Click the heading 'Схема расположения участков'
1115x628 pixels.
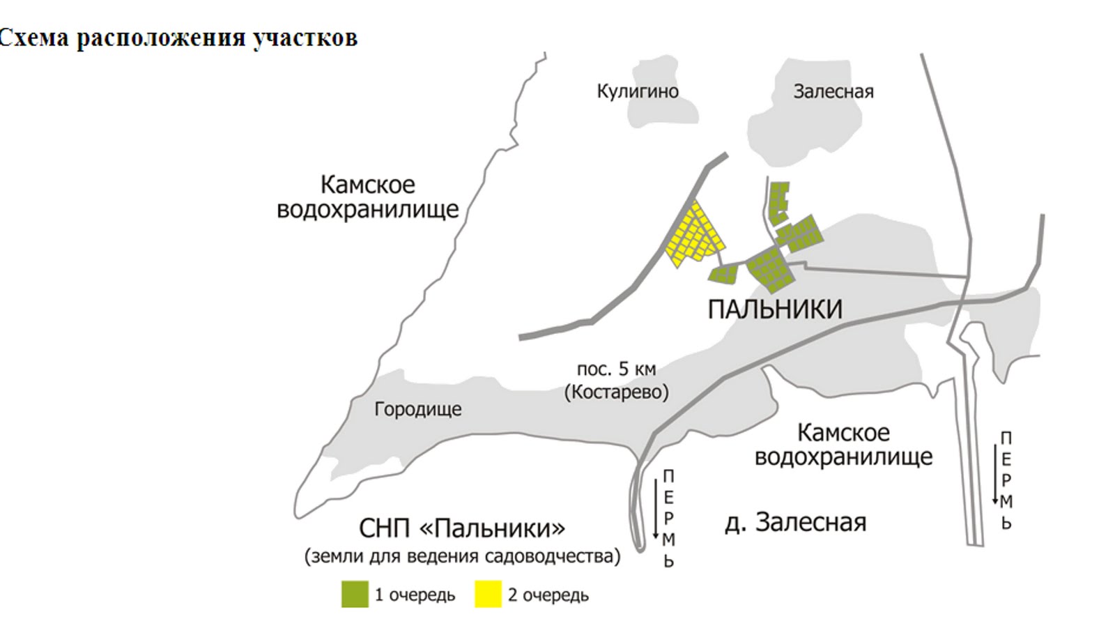point(178,38)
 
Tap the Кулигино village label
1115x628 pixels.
point(637,91)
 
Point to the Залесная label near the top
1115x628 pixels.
point(833,91)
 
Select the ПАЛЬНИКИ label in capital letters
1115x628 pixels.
point(775,309)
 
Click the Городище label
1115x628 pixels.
point(417,408)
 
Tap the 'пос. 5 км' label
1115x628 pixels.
point(616,369)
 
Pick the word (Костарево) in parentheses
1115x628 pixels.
point(616,392)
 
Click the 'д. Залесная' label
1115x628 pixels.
point(795,522)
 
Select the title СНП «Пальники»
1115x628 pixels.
point(462,528)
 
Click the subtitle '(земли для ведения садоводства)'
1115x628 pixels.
point(462,556)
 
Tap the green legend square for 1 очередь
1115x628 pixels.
point(355,595)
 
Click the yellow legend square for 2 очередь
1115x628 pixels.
point(488,595)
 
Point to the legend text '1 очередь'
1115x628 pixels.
point(415,595)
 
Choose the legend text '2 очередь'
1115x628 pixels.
point(548,595)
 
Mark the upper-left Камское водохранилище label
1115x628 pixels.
point(367,197)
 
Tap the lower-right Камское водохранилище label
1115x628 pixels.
point(843,444)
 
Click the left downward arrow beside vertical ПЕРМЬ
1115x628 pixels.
point(656,509)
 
